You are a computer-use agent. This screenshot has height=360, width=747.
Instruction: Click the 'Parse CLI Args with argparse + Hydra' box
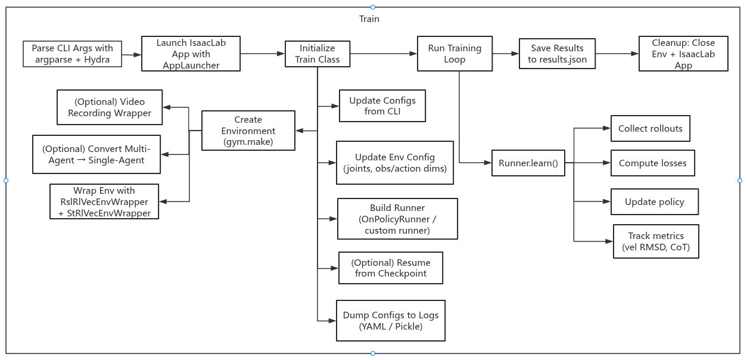(x=72, y=54)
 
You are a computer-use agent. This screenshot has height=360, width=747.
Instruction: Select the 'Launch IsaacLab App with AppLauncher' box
(x=191, y=54)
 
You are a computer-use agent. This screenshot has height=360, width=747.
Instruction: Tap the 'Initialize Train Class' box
(x=317, y=54)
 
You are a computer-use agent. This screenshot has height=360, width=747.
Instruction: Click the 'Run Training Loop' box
(x=455, y=54)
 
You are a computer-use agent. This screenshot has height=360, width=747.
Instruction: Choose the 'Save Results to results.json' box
(x=557, y=54)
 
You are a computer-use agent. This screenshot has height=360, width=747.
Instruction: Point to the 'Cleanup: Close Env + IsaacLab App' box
(x=683, y=54)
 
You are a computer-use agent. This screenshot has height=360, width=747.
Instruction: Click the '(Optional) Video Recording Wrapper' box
(x=110, y=107)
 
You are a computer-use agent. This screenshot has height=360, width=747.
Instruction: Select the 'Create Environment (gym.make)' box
(x=248, y=131)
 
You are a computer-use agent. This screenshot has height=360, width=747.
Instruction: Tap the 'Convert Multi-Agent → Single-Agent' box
(x=97, y=154)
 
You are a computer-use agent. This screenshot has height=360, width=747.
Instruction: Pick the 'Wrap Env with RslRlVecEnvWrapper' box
(x=105, y=202)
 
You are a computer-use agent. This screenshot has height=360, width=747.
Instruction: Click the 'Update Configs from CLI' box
(x=382, y=106)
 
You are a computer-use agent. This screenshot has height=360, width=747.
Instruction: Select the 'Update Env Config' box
(x=394, y=163)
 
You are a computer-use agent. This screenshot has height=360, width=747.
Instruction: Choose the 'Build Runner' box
(x=397, y=219)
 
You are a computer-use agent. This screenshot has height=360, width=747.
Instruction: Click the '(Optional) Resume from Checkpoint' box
(x=391, y=268)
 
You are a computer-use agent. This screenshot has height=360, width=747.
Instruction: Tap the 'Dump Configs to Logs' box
(x=391, y=321)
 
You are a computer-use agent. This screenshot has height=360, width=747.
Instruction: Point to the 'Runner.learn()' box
(x=528, y=163)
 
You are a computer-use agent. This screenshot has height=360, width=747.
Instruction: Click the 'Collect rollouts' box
(x=650, y=129)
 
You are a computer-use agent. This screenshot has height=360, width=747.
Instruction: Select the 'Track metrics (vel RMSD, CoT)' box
(x=656, y=241)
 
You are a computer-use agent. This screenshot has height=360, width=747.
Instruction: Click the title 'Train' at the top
(x=369, y=19)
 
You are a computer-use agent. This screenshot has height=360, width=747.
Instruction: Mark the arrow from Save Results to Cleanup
(x=617, y=54)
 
